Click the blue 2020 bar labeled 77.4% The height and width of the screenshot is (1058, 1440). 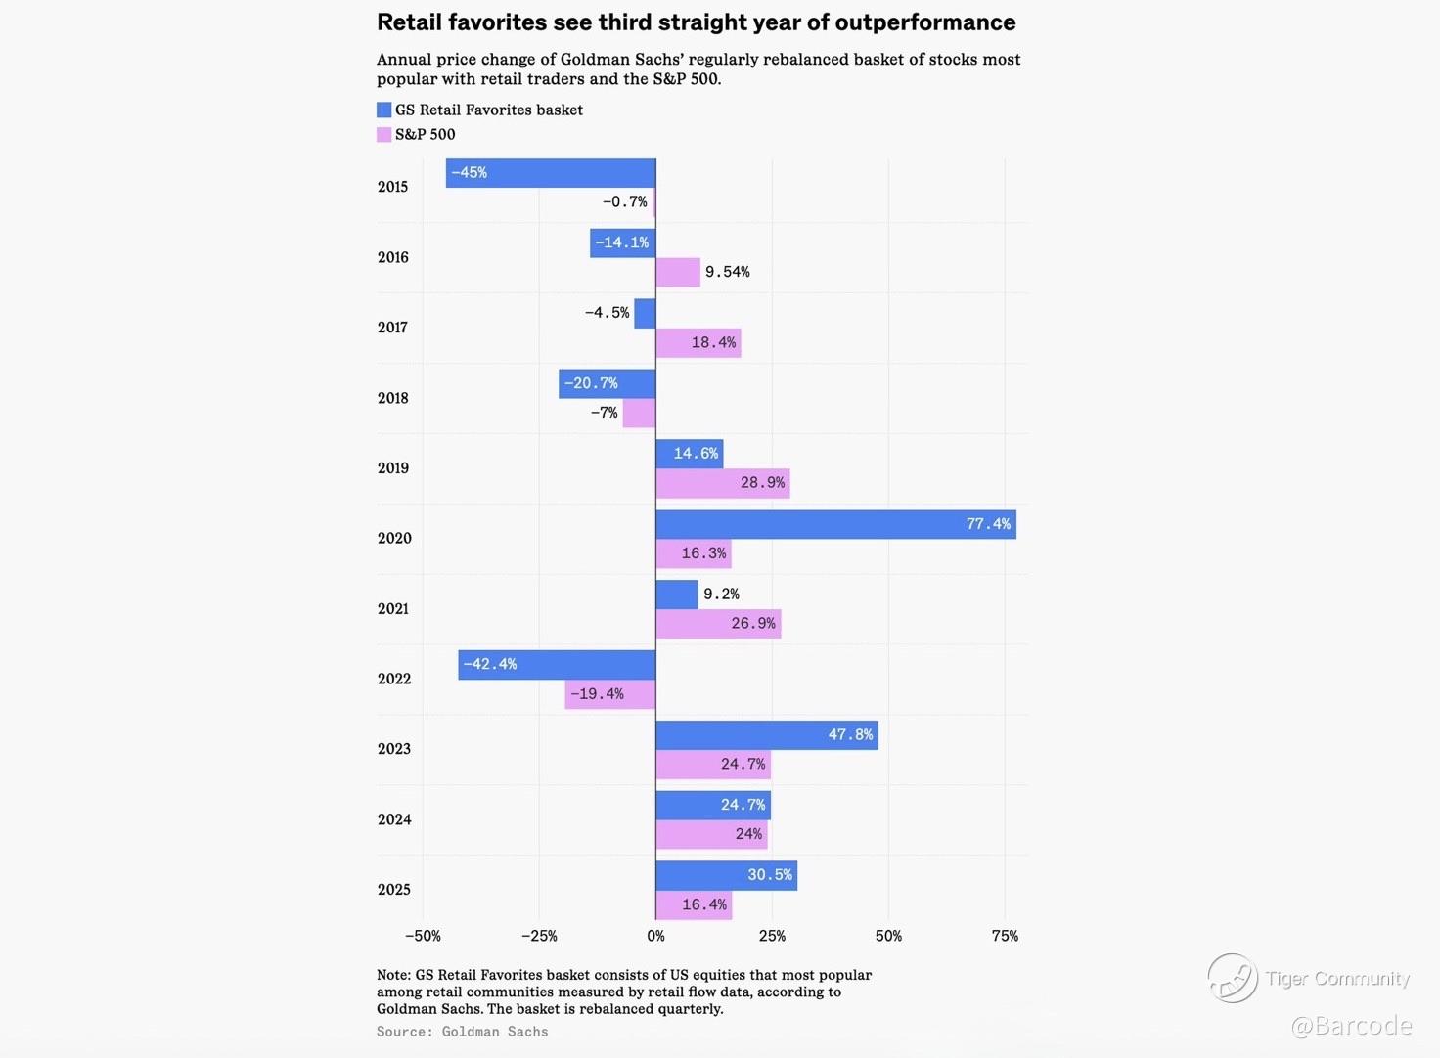(x=835, y=524)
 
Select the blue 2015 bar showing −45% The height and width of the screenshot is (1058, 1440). (x=551, y=173)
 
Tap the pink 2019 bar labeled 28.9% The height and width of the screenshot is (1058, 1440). (x=722, y=483)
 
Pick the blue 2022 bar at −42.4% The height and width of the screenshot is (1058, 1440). (x=557, y=665)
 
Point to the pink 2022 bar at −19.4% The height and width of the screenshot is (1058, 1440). (x=610, y=694)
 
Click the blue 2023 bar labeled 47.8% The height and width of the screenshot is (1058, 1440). (x=767, y=735)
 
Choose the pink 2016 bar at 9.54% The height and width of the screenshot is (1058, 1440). (x=678, y=272)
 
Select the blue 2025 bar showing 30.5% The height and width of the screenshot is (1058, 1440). (x=726, y=875)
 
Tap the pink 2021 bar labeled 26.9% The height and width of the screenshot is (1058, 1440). (x=718, y=624)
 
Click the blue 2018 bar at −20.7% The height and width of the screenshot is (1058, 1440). (x=607, y=383)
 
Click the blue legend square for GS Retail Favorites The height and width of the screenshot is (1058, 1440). (x=383, y=110)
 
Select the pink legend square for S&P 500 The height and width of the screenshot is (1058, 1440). (x=383, y=135)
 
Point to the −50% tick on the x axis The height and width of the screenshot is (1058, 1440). (x=423, y=936)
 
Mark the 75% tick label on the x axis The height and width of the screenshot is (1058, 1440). (x=1005, y=936)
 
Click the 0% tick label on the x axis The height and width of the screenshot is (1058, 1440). (x=655, y=936)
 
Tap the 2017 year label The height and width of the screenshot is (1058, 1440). (x=393, y=328)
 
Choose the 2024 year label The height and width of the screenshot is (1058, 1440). (x=394, y=819)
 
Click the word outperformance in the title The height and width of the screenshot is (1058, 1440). (x=925, y=22)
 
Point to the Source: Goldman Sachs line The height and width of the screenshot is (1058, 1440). (x=463, y=1032)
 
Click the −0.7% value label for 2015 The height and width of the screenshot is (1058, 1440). (x=624, y=202)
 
